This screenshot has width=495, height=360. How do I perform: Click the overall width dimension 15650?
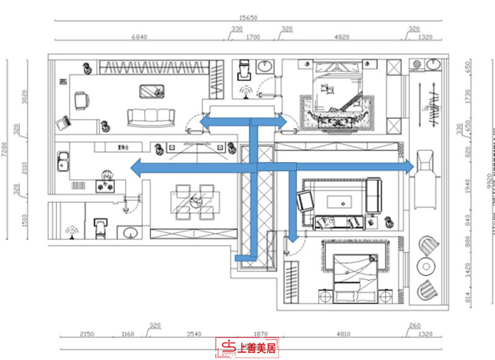coord(249,19)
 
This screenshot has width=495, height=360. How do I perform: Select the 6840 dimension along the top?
coord(139,37)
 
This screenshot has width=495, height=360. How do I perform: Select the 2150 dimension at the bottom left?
coord(88,334)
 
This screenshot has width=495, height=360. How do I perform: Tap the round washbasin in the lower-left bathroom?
coord(129,233)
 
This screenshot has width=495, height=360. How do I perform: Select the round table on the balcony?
coord(426,266)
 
